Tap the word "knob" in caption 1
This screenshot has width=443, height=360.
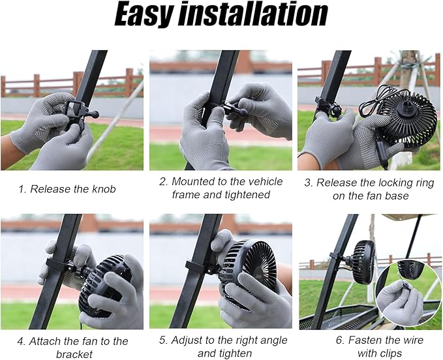(104, 189)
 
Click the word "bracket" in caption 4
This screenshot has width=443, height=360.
(74, 354)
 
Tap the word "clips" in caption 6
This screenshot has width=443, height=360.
(391, 353)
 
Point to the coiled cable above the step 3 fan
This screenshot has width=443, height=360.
(373, 101)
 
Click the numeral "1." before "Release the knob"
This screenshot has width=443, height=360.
(22, 189)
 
